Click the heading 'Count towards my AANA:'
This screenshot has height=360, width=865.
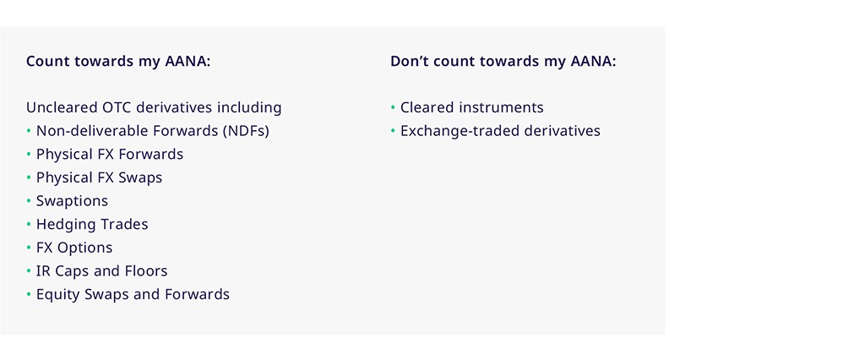pos(118,62)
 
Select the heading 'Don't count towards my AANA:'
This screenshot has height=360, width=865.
pos(503,62)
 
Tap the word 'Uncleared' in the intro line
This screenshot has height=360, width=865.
pos(62,107)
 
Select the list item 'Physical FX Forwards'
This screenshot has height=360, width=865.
pos(110,155)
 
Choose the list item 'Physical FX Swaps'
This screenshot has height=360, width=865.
pos(100,177)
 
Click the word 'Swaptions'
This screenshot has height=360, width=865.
pos(73,201)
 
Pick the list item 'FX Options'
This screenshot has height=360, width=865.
pos(74,248)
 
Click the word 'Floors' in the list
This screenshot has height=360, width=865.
pos(149,271)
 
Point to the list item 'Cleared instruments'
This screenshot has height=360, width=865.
pos(472,107)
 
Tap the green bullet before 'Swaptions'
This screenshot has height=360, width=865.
pos(29,201)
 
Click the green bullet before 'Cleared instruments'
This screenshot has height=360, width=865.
pos(393,107)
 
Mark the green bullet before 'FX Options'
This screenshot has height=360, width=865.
pos(29,248)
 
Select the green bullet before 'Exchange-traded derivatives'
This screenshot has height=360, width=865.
pos(393,131)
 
